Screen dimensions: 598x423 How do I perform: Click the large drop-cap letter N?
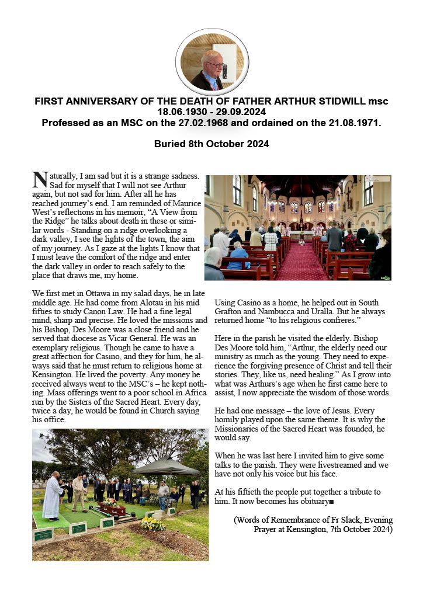(39, 180)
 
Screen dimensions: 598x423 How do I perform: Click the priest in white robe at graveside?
(53, 496)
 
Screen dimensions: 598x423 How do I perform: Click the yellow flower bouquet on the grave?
(153, 524)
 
